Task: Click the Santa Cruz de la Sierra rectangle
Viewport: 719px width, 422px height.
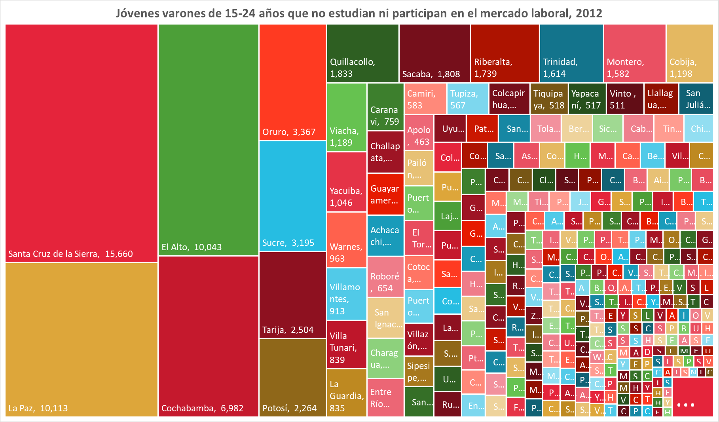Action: tap(81, 143)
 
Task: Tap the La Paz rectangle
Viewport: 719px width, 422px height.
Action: tap(81, 339)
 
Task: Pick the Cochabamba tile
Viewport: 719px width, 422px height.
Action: tap(208, 336)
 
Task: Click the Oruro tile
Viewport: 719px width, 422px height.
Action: tap(292, 82)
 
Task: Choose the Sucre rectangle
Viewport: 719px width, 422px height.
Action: tap(292, 196)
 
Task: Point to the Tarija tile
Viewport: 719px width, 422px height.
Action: tap(292, 295)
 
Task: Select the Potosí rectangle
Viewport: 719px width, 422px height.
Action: tap(292, 377)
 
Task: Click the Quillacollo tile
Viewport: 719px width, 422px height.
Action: tap(362, 53)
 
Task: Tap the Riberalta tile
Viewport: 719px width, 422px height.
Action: tap(505, 53)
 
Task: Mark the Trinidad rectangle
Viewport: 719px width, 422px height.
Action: tap(571, 53)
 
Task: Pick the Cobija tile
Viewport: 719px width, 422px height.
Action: tap(689, 53)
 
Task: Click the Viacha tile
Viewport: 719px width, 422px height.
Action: tap(346, 117)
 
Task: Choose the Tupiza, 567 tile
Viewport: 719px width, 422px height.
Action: tap(468, 99)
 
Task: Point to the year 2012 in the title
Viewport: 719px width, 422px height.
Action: tap(589, 13)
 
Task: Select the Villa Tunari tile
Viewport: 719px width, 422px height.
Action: tap(346, 344)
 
